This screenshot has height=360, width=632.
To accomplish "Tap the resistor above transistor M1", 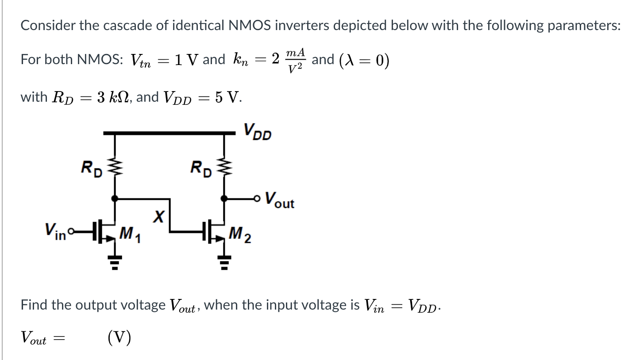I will coord(116,169).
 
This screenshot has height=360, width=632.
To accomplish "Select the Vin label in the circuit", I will coord(54,229).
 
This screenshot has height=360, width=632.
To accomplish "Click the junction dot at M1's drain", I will coord(116,199).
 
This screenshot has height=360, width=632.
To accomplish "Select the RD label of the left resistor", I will coord(90,169).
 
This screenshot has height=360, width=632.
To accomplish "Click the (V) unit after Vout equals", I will coord(119,338).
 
